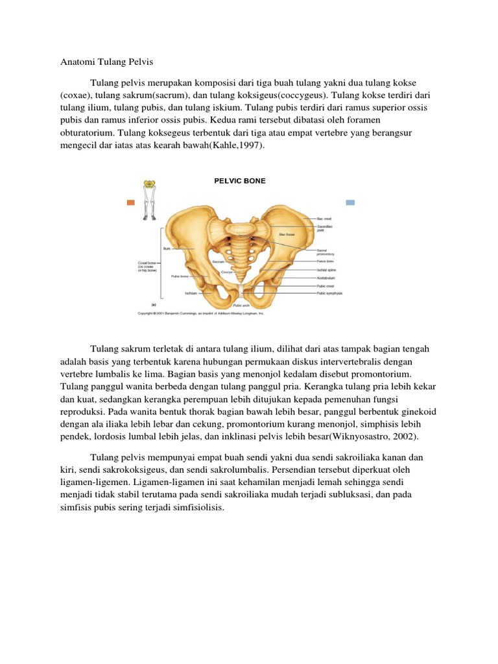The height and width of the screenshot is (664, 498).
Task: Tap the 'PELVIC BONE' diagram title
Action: (x=239, y=181)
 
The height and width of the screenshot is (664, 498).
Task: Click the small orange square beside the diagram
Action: (x=130, y=202)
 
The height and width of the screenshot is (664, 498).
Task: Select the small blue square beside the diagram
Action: (x=350, y=202)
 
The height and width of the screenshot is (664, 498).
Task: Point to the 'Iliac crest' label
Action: (x=324, y=219)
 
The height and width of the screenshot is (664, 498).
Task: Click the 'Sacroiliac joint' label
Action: (x=326, y=228)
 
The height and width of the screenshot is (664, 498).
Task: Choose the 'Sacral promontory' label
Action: (x=326, y=252)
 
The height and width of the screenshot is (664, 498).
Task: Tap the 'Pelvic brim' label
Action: (x=325, y=261)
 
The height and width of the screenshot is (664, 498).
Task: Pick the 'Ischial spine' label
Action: (x=326, y=269)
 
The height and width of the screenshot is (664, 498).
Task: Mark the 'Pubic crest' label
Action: (x=325, y=285)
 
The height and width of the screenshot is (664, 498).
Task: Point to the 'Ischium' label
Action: (x=190, y=292)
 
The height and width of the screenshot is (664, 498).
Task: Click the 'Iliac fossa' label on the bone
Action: (x=286, y=234)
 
